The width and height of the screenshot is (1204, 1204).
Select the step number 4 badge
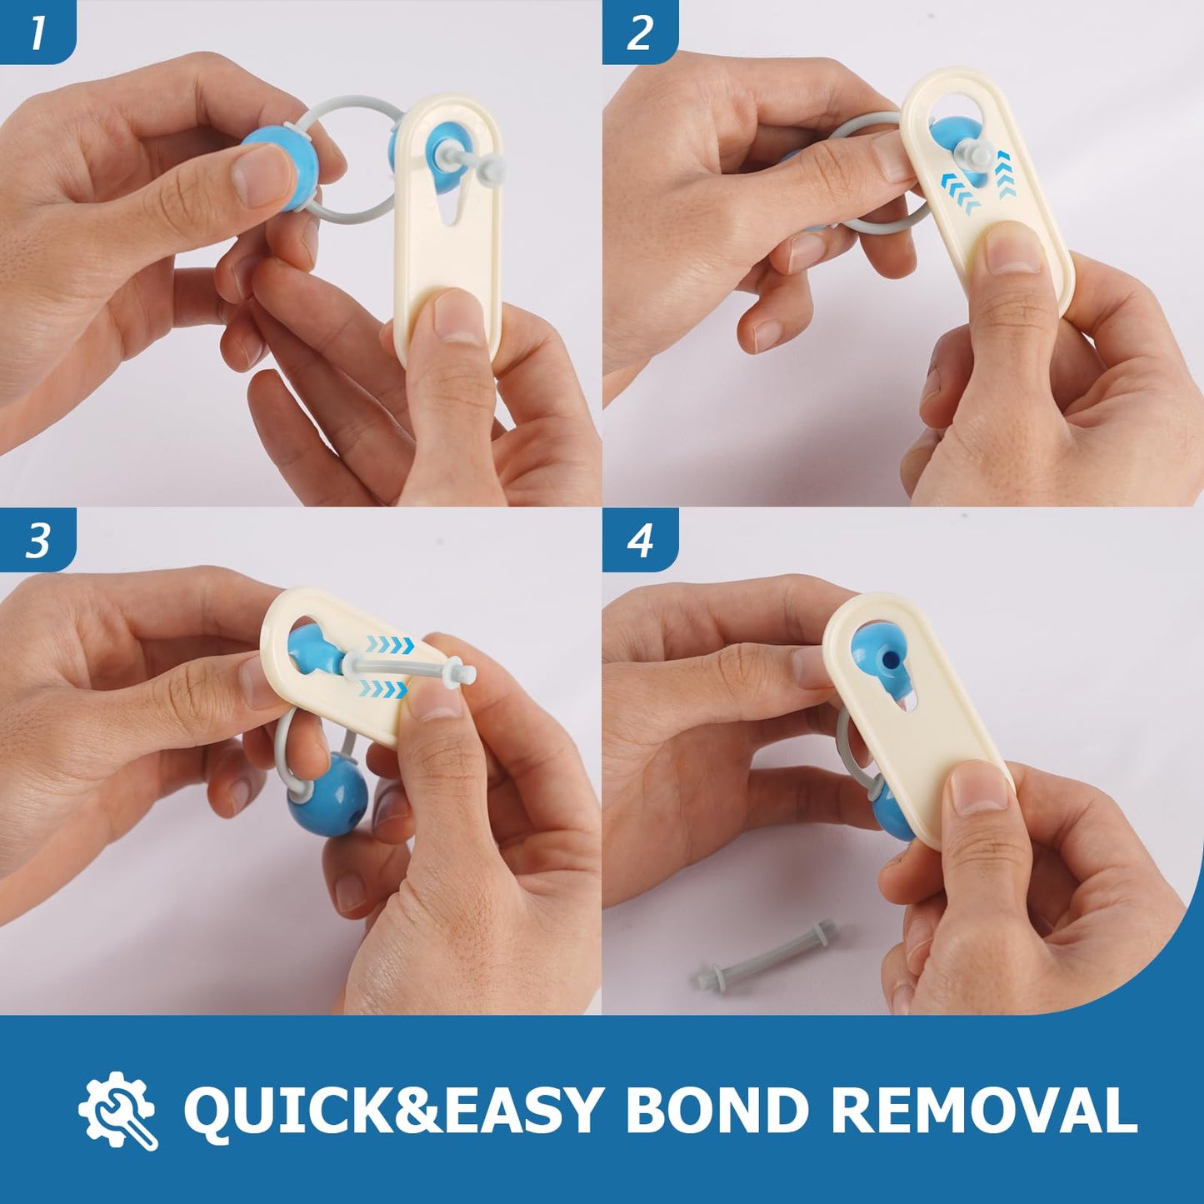641,540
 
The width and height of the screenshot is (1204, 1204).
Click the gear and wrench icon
117,1111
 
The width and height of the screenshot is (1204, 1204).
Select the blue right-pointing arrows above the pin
391,642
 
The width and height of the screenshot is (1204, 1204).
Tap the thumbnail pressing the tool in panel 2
1015,247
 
